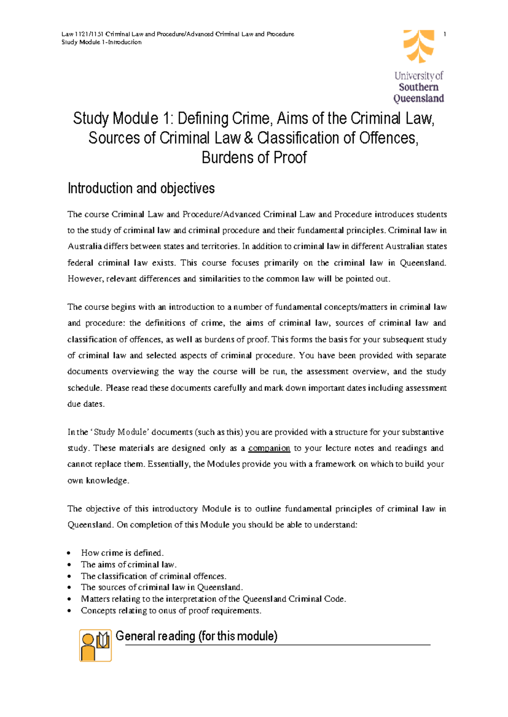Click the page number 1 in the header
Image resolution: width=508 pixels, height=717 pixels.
[444, 34]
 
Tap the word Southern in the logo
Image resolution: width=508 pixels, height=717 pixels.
[418, 87]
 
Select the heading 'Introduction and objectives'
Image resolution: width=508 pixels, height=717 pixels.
[141, 188]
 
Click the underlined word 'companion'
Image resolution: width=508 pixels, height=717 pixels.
[269, 448]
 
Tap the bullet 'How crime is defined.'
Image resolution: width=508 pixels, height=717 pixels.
[122, 553]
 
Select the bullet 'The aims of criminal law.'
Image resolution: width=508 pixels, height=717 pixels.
[129, 564]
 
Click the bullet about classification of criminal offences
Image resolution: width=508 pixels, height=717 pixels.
[153, 576]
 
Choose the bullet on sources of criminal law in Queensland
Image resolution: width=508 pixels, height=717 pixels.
[162, 588]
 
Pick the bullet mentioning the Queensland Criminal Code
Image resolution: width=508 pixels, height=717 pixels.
[213, 599]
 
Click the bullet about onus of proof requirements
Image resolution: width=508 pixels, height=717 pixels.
[171, 611]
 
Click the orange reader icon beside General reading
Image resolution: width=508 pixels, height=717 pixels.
[95, 645]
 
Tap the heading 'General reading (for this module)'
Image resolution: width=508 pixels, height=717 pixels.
[196, 636]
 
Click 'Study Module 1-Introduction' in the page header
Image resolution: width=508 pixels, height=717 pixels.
[102, 42]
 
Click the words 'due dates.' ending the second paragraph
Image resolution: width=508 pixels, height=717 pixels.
[86, 404]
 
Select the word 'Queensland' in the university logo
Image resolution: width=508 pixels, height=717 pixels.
[418, 99]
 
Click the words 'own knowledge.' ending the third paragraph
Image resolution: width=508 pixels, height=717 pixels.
[98, 481]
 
